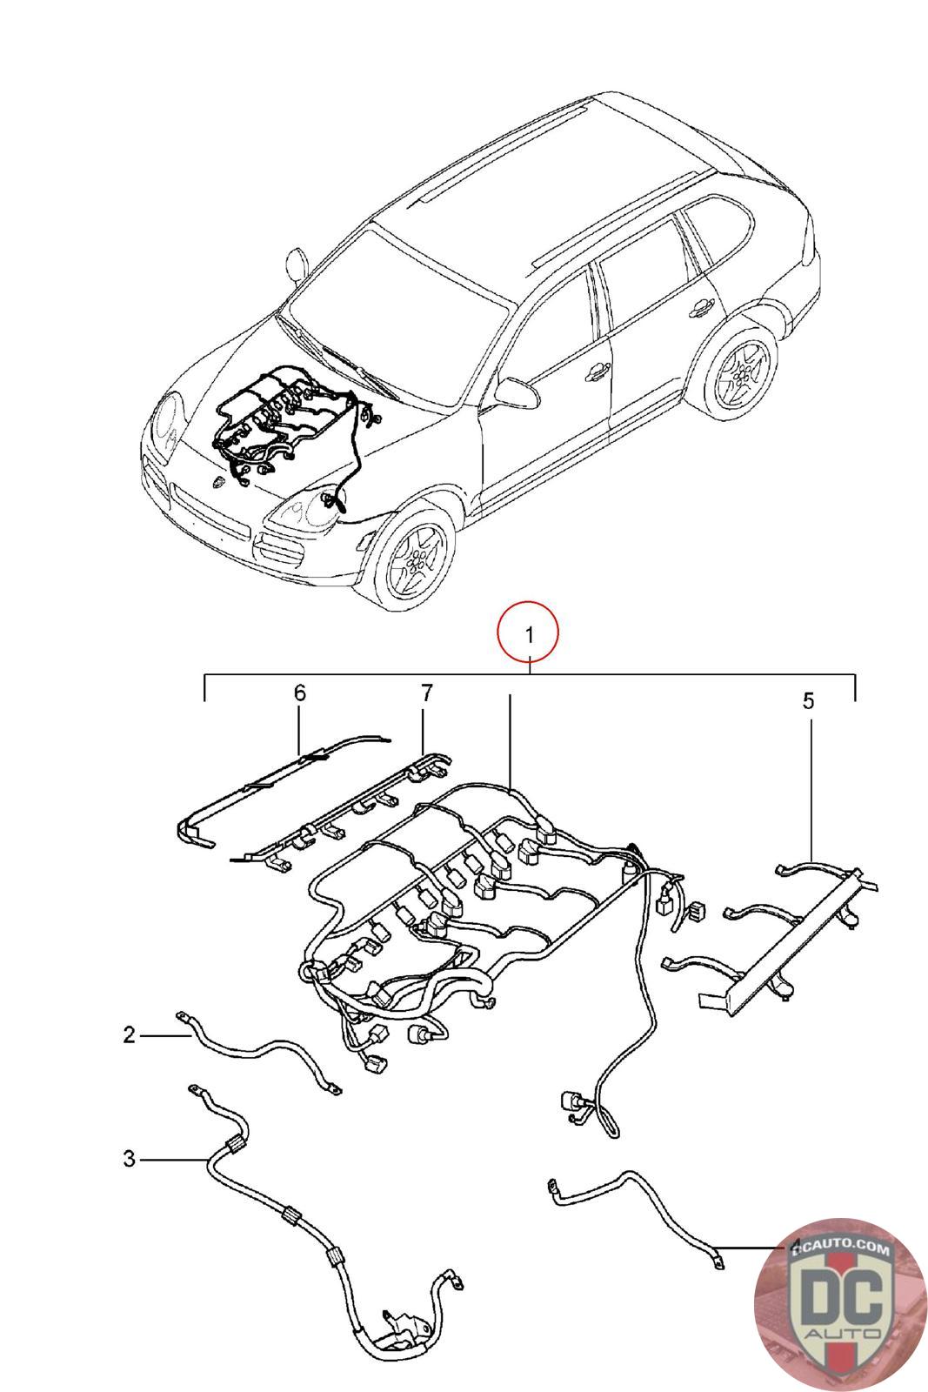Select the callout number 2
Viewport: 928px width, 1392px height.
[129, 1035]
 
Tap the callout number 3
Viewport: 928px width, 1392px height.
[129, 1159]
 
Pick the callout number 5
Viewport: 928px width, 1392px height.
[808, 701]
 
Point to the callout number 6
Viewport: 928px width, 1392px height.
[299, 693]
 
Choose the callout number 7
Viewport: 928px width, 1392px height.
[426, 693]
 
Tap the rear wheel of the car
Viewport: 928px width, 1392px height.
[741, 372]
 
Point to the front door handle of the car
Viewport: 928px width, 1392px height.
[597, 371]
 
